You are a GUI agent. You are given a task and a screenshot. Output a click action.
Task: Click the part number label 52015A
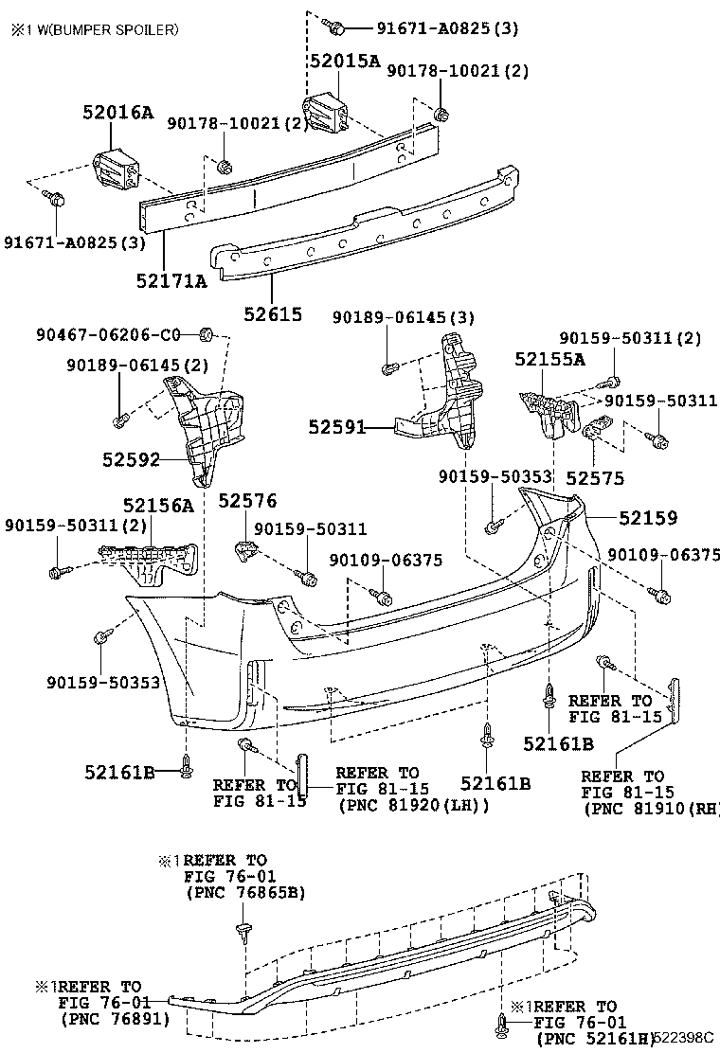click(344, 61)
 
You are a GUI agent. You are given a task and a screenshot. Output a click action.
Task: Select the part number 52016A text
click(117, 113)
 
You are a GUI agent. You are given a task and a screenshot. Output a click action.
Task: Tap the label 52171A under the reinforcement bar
click(171, 280)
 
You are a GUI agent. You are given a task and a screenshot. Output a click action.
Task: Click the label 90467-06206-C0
click(108, 334)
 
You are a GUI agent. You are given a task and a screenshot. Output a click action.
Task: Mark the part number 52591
click(336, 427)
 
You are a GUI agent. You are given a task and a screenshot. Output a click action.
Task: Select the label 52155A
click(549, 359)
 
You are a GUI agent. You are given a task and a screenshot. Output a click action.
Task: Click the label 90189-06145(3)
click(404, 316)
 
